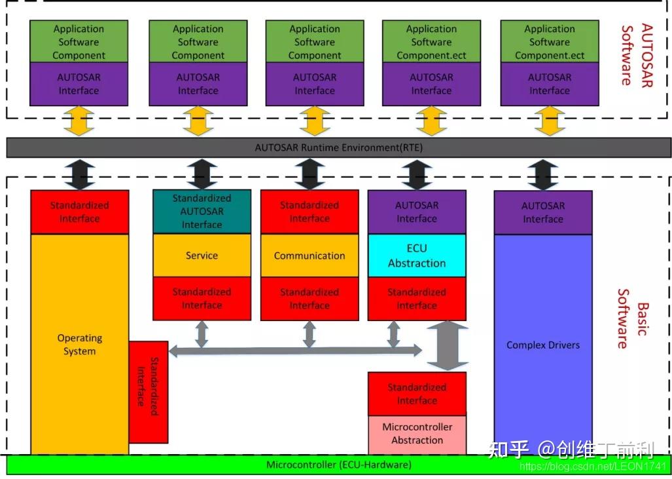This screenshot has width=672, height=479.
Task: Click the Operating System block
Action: [x=79, y=344]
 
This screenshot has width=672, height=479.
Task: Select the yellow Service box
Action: [x=202, y=256]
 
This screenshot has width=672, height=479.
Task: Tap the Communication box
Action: [x=309, y=256]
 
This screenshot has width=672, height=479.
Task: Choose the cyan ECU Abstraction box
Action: [x=417, y=256]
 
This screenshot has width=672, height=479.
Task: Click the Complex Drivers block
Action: [x=543, y=345]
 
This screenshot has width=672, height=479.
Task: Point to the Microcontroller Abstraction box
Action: [x=417, y=434]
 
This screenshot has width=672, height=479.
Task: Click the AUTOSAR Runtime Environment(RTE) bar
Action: [x=338, y=147]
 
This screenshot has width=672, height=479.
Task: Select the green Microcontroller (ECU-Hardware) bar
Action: [x=338, y=465]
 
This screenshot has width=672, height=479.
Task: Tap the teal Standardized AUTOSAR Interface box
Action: [x=202, y=211]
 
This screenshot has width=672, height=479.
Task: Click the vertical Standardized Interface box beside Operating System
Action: [x=149, y=392]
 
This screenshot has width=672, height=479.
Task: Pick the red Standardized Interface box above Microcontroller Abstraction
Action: [x=417, y=394]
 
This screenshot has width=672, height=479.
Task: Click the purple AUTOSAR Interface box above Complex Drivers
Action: [x=543, y=212]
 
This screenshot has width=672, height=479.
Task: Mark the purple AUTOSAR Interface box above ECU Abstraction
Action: [x=417, y=212]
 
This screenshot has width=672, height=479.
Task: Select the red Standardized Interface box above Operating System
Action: [x=79, y=212]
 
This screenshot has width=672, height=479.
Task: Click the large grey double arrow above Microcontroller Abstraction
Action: [x=448, y=346]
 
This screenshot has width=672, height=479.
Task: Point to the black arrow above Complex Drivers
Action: [x=543, y=174]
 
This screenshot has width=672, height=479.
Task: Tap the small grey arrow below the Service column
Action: [x=202, y=334]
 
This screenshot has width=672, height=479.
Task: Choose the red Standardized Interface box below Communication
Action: [x=309, y=298]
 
